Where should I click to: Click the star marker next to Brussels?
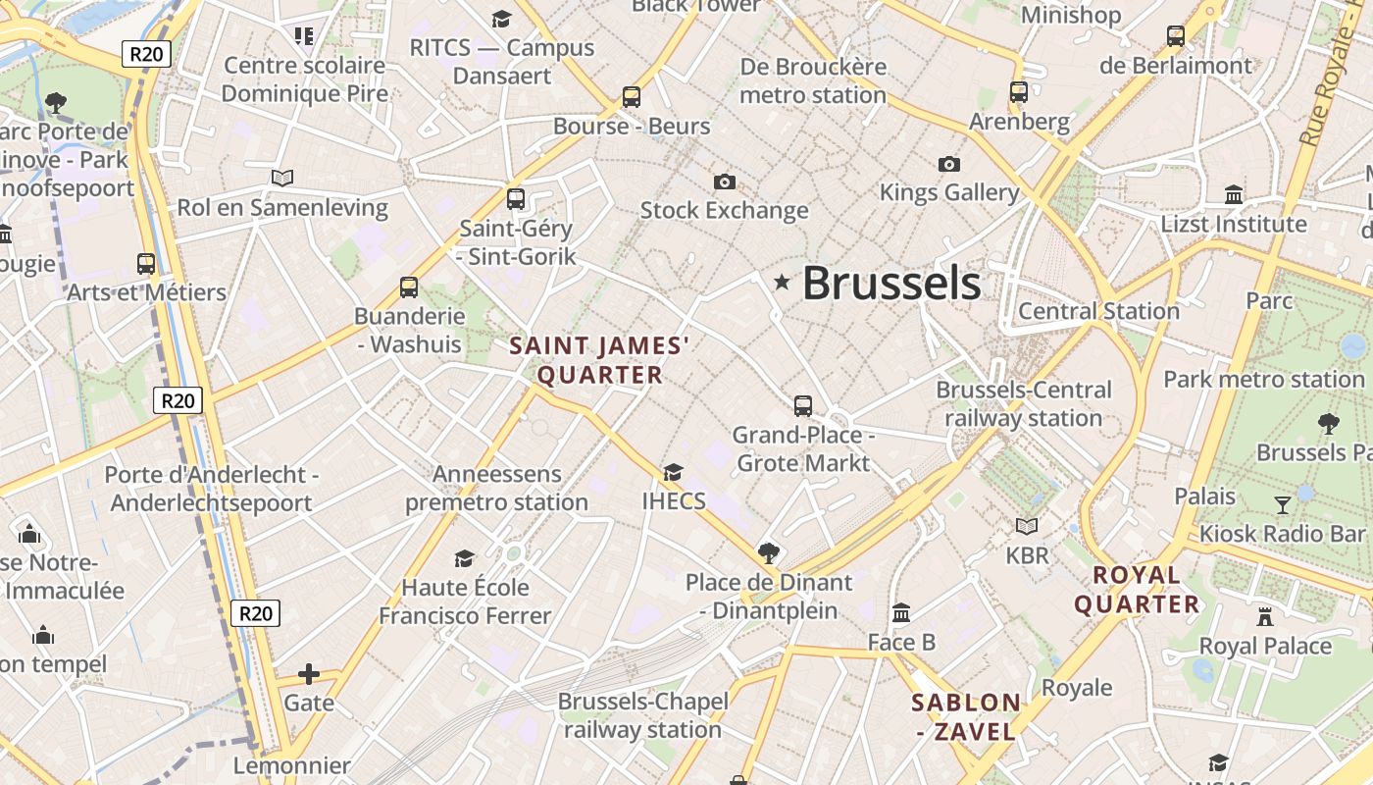pyautogui.click(x=782, y=283)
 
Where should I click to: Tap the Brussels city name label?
pyautogui.click(x=891, y=284)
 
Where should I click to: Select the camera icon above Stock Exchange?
pyautogui.click(x=725, y=182)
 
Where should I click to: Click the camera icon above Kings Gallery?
pyautogui.click(x=948, y=164)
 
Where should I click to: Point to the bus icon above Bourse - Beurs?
pyautogui.click(x=632, y=97)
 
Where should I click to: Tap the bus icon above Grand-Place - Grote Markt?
pyautogui.click(x=803, y=405)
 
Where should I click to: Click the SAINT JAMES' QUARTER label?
pyautogui.click(x=600, y=360)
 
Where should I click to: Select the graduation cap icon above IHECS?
pyautogui.click(x=673, y=473)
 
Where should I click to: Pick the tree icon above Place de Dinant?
pyautogui.click(x=769, y=553)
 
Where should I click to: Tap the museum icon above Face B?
pyautogui.click(x=901, y=614)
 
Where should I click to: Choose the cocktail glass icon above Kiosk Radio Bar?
pyautogui.click(x=1283, y=505)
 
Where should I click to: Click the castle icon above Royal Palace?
pyautogui.click(x=1265, y=617)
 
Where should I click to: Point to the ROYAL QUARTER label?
pyautogui.click(x=1137, y=590)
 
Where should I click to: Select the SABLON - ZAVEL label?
pyautogui.click(x=966, y=717)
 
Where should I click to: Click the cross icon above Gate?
pyautogui.click(x=309, y=674)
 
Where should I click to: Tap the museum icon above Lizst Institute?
pyautogui.click(x=1234, y=195)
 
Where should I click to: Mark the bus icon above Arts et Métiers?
pyautogui.click(x=146, y=263)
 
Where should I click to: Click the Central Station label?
pyautogui.click(x=1098, y=311)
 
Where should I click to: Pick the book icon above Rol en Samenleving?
pyautogui.click(x=282, y=179)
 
